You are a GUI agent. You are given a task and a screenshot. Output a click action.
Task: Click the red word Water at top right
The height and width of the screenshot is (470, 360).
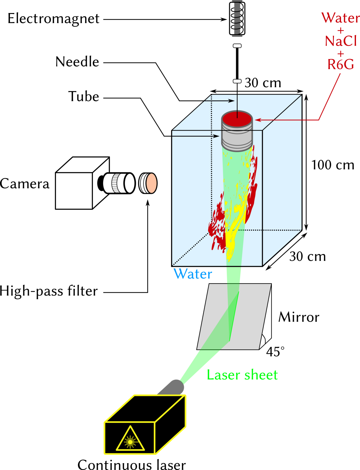coord(340,18)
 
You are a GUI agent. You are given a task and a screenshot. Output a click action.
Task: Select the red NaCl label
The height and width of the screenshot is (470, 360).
coord(340,41)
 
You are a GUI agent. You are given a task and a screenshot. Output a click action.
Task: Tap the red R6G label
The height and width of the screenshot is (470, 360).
coord(340,65)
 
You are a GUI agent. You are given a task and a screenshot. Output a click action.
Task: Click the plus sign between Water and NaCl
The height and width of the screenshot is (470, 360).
coord(340,31)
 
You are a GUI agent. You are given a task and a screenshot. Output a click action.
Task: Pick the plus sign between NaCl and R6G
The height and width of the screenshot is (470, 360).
coord(340,54)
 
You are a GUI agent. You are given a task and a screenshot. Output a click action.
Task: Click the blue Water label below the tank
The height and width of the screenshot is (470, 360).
coord(193,274)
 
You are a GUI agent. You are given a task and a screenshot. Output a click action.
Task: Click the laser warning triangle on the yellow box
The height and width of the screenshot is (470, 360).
coord(130,440)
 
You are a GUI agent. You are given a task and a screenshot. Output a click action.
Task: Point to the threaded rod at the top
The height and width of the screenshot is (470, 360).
coord(237,19)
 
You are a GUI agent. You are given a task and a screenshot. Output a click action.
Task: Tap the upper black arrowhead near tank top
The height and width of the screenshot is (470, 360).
coord(231,101)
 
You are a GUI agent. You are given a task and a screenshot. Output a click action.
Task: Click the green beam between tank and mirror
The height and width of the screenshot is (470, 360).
coord(234,275)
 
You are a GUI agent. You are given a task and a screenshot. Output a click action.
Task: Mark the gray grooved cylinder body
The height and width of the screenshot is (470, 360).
coord(237,138)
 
